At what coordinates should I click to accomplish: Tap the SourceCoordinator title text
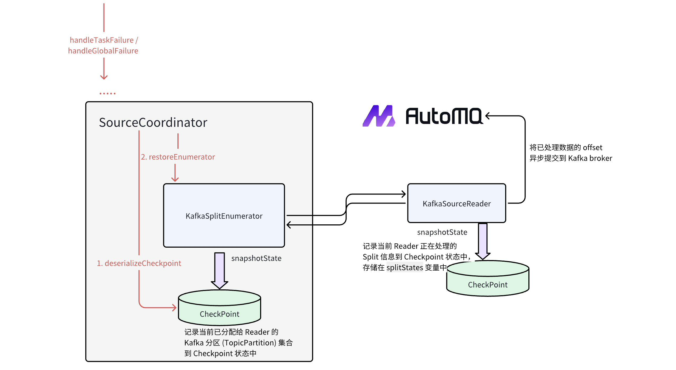[153, 122]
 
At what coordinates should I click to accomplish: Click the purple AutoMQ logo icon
[379, 116]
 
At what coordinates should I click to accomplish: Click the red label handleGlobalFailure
[103, 51]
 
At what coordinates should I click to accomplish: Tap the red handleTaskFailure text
[102, 40]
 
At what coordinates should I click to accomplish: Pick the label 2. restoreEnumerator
[178, 157]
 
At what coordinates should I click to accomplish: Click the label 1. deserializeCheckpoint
[139, 263]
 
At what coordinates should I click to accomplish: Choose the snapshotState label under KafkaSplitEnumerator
[256, 258]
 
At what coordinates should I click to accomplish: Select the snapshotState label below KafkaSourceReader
[442, 232]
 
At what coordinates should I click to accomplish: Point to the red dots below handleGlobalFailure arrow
[107, 93]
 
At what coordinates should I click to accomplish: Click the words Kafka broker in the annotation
[590, 158]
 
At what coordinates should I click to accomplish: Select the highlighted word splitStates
[405, 267]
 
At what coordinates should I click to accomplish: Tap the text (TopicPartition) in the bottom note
[249, 343]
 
